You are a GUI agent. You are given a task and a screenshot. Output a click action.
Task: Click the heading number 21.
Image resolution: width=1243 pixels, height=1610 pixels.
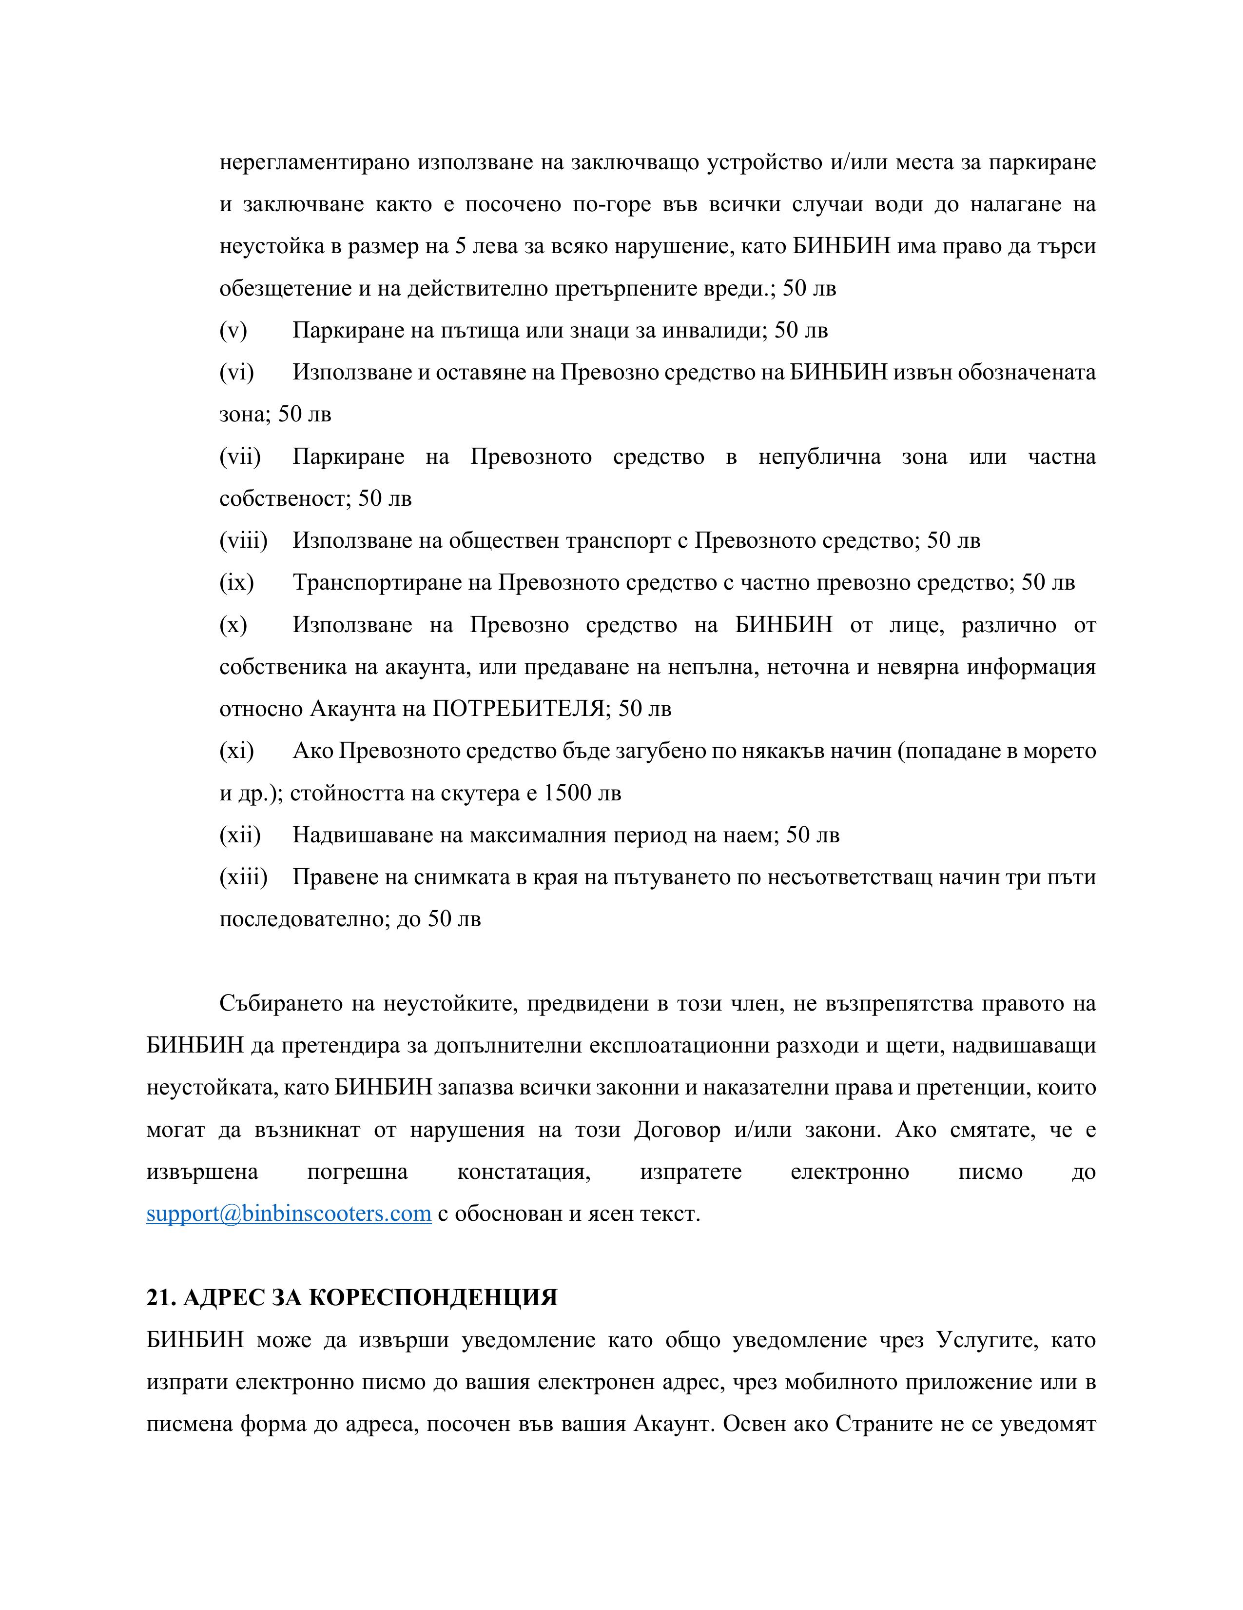tap(160, 1297)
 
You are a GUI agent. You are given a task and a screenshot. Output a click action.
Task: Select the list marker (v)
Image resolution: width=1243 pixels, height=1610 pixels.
tap(233, 330)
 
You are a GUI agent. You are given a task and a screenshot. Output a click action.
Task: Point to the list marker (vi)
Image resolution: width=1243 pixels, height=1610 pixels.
tap(236, 372)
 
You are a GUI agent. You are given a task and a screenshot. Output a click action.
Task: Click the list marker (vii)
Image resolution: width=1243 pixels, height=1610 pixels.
tap(239, 457)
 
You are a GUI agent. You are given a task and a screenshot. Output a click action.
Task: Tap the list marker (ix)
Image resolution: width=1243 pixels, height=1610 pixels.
tap(236, 583)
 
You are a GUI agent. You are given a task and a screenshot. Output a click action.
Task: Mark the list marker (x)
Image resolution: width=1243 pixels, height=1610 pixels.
tap(233, 625)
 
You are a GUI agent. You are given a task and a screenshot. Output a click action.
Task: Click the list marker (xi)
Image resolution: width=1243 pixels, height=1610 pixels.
tap(236, 751)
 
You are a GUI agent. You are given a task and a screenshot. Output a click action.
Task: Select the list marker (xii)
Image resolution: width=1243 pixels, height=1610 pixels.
tap(239, 835)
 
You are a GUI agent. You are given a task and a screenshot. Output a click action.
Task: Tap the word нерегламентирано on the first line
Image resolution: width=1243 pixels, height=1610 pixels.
tap(314, 162)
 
